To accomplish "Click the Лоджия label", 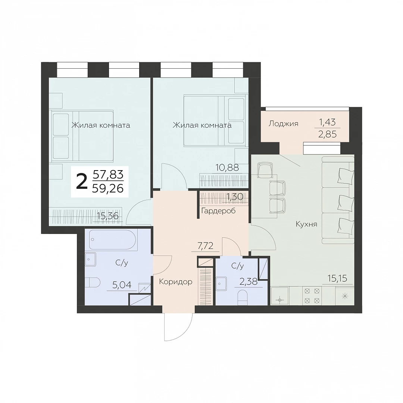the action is (x=283, y=124).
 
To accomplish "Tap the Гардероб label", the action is (x=218, y=211).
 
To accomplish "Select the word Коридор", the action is (x=175, y=282).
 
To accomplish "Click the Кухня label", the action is (x=306, y=224).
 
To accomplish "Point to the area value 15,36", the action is (x=107, y=216).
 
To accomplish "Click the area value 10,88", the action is (x=228, y=168).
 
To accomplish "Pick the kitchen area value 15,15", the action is (x=337, y=278).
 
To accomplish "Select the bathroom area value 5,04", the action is (x=122, y=284).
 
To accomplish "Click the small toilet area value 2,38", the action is (x=248, y=282).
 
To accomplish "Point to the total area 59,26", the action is (x=108, y=189).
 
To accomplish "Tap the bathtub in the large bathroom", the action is (x=111, y=240).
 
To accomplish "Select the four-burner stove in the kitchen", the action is (x=312, y=296).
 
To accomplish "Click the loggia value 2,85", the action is (x=327, y=134).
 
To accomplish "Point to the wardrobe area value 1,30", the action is (x=234, y=197).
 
